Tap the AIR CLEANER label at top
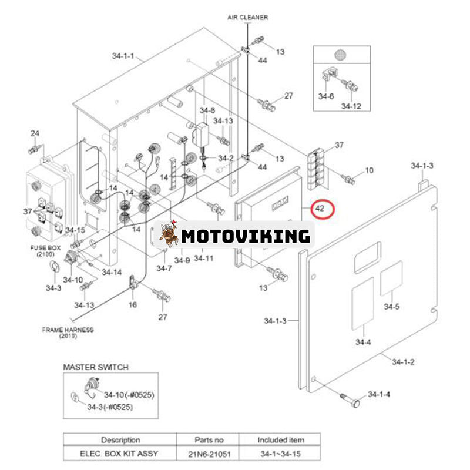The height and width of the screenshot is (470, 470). [247, 18]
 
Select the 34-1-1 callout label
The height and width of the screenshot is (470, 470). [123, 56]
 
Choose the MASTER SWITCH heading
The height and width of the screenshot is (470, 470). [96, 367]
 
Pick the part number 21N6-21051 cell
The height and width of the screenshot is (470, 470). [210, 453]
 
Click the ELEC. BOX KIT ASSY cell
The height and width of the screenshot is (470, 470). [120, 453]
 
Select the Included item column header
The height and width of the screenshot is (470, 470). [280, 439]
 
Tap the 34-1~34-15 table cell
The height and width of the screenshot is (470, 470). [280, 453]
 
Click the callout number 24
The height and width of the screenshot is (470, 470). [35, 134]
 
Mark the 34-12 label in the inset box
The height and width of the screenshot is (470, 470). [351, 106]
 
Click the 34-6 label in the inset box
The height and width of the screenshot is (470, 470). [326, 96]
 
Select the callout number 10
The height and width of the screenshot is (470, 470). [369, 170]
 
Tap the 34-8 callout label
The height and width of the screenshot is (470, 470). [207, 110]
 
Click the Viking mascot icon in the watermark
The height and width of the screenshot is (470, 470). [169, 235]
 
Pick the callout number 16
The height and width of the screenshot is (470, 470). [133, 304]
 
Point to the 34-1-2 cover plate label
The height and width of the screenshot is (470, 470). [404, 361]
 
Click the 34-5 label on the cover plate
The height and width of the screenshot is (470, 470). [391, 306]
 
